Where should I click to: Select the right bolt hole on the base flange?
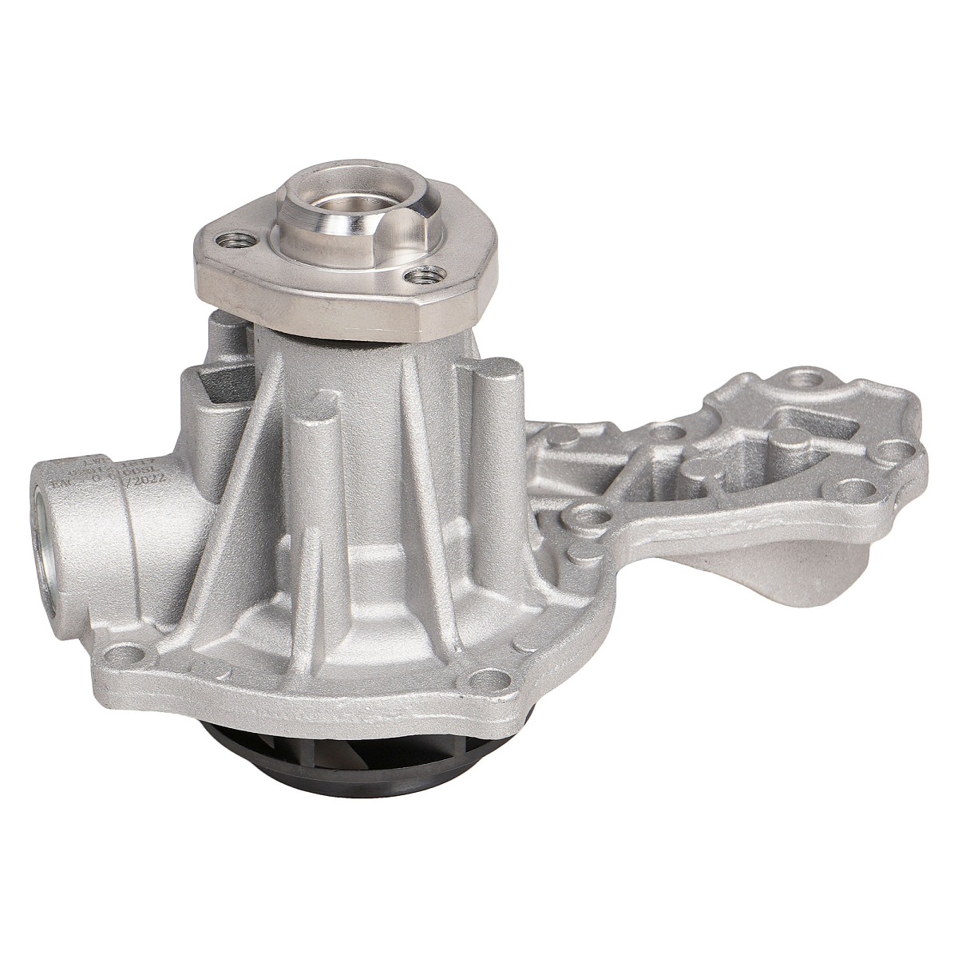tap(489, 680)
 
